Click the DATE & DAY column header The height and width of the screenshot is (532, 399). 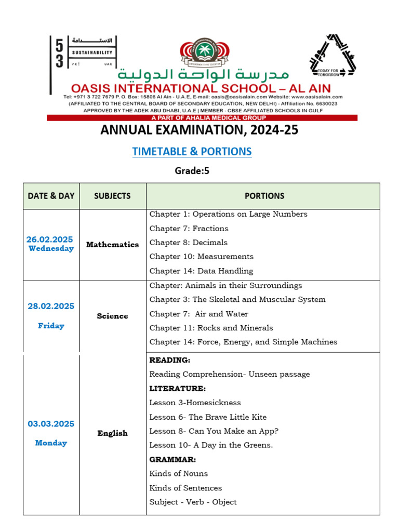coord(51,196)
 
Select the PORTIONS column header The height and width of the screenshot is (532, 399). coord(264,196)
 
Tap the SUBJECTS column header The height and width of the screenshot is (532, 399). coord(112,196)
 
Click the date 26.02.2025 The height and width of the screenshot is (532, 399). coord(50,240)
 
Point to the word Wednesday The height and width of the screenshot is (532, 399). coord(51,248)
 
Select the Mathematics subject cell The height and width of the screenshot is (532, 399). coord(112,244)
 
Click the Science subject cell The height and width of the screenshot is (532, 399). coord(112,316)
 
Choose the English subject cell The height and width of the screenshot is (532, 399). coord(112,433)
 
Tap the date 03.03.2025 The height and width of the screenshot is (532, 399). coord(51,424)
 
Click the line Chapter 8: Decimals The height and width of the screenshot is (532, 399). coord(188,243)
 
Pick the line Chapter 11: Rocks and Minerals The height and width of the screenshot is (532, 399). coord(211,328)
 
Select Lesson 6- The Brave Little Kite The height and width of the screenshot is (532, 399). coord(208,417)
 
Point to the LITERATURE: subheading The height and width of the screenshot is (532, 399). coord(177,389)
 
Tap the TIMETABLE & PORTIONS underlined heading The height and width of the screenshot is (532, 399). coord(192,152)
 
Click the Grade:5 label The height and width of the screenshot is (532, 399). coord(192,170)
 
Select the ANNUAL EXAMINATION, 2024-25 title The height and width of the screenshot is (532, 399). coord(199,130)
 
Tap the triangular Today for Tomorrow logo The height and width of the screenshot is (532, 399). coord(332,56)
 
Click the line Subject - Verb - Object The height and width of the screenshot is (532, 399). coord(193,502)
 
